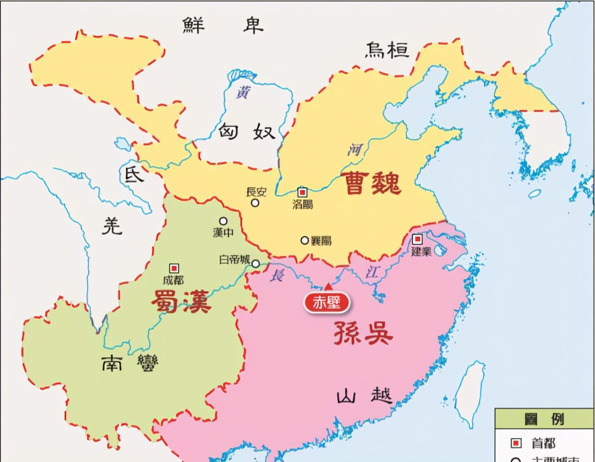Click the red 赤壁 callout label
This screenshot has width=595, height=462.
tap(326, 303)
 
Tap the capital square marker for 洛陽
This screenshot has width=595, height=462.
tap(303, 191)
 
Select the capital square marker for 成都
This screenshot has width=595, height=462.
tap(174, 268)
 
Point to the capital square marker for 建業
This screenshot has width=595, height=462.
tap(417, 239)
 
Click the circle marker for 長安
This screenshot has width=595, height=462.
tap(255, 203)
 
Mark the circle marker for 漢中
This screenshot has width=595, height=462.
tap(223, 221)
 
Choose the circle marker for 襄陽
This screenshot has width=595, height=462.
tap(304, 240)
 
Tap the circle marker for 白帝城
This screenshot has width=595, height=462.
tap(255, 264)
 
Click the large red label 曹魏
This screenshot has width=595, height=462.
tap(372, 183)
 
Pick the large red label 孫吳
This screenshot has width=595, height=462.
tap(363, 333)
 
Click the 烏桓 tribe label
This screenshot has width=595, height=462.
tap(387, 50)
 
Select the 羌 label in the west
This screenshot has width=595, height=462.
tap(112, 226)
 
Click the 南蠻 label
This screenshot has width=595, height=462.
tap(130, 363)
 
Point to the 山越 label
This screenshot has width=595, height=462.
tap(364, 396)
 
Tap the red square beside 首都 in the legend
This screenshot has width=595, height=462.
tap(516, 443)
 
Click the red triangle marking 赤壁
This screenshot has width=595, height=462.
tap(328, 286)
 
